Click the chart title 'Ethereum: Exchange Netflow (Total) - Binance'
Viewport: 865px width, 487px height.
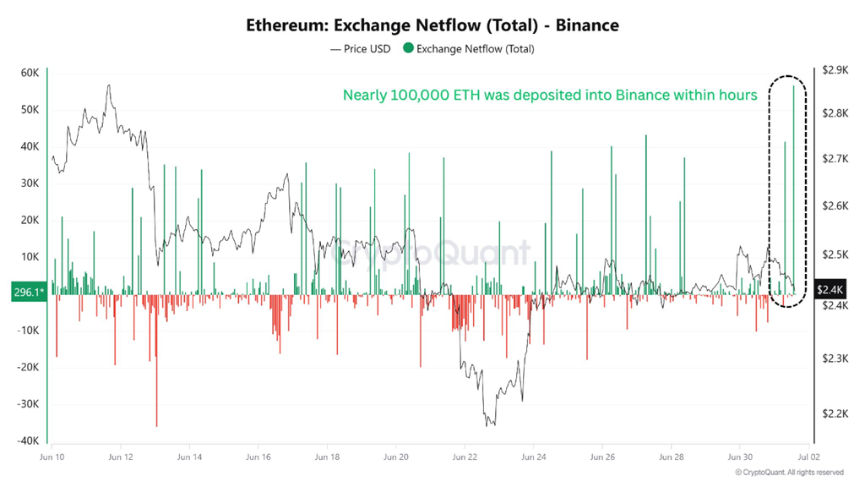(x=432, y=25)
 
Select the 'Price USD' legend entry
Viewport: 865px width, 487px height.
(x=361, y=49)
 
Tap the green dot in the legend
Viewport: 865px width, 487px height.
(x=408, y=49)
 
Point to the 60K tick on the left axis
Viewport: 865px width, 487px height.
(x=30, y=74)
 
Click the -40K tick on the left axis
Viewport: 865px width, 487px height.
(x=28, y=440)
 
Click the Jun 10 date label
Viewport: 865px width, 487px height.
(x=52, y=457)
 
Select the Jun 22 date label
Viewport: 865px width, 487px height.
(x=465, y=457)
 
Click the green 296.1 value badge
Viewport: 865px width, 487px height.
(x=28, y=292)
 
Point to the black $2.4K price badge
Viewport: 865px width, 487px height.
(x=830, y=290)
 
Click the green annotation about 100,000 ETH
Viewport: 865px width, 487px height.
(x=550, y=96)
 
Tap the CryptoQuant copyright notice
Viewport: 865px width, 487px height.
(x=789, y=473)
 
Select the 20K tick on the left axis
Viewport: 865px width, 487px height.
(x=30, y=220)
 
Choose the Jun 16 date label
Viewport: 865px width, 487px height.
(x=258, y=457)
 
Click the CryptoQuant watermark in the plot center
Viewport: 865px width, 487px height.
(x=432, y=253)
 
